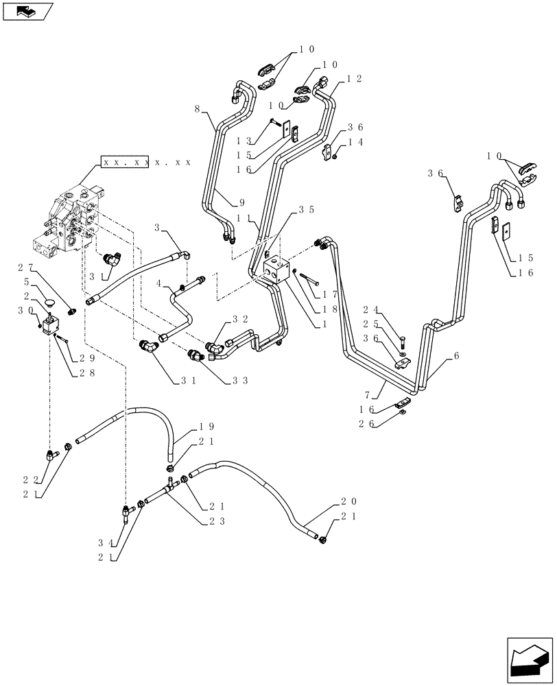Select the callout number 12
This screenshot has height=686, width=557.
[x=354, y=79]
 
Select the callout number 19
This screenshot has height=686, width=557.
[x=187, y=425]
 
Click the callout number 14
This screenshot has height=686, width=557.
[x=354, y=142]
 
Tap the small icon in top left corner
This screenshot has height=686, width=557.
[x=27, y=11]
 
